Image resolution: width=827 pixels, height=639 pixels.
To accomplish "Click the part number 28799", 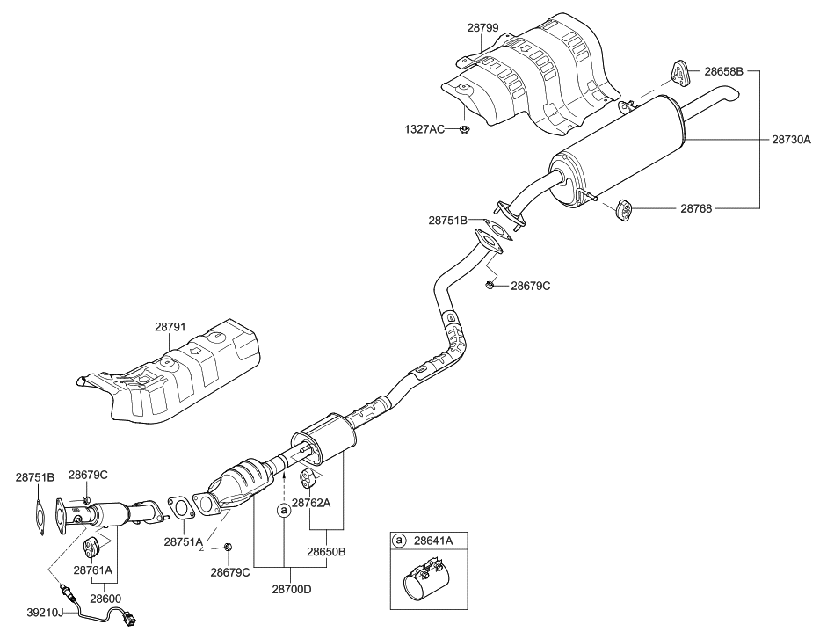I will (x=482, y=28).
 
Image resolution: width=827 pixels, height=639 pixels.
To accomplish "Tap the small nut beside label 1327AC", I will (x=464, y=130).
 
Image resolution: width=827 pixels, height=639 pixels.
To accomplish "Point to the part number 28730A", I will (x=791, y=140).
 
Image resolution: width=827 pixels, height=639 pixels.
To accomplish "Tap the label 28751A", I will (x=183, y=542).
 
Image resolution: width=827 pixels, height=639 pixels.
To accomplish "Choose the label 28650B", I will (x=325, y=552).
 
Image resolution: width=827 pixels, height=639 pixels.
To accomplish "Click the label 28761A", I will (x=91, y=570).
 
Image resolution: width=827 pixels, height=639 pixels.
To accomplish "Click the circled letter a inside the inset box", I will (x=400, y=541).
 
